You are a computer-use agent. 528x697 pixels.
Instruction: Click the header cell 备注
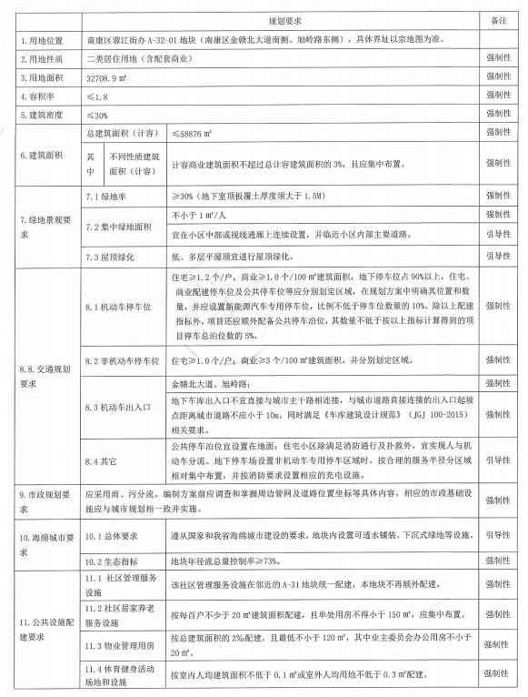[x=498, y=19]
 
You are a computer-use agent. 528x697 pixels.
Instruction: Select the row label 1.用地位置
[x=41, y=42]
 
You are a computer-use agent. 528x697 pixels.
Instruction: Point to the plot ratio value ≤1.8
[x=98, y=96]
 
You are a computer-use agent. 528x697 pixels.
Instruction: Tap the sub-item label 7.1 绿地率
[x=105, y=196]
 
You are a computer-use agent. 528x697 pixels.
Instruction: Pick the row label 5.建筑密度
[x=41, y=116]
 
